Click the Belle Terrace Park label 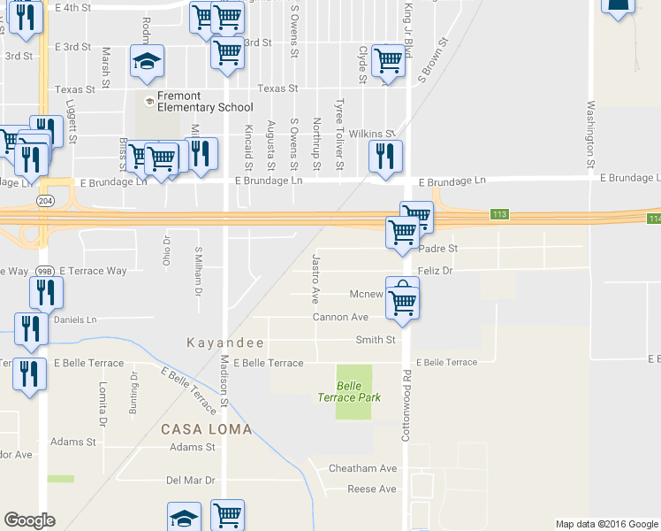[x=349, y=391]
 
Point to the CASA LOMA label [x=206, y=429]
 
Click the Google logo [x=29, y=520]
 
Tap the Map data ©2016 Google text [x=606, y=524]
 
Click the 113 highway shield [x=501, y=215]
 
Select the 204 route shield [x=45, y=201]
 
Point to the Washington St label [x=589, y=135]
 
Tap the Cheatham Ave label [x=363, y=468]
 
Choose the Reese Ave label [x=372, y=489]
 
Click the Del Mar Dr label [x=191, y=480]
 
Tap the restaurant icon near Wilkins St [x=385, y=157]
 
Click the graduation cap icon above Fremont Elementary [x=147, y=60]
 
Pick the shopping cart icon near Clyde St [x=387, y=60]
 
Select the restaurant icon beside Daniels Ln [x=29, y=328]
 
